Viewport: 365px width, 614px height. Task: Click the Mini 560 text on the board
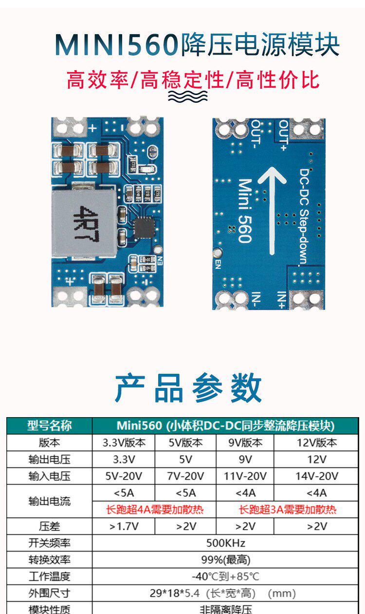(244, 211)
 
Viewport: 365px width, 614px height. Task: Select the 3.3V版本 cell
(124, 442)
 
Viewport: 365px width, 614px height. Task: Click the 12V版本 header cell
(316, 442)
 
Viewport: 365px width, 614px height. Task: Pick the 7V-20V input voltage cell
(185, 476)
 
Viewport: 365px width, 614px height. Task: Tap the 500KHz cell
(225, 543)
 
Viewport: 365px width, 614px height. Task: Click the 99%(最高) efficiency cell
(225, 560)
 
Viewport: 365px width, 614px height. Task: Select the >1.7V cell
(124, 526)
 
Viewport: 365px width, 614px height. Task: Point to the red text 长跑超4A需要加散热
(155, 510)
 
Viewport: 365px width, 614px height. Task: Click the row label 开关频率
(49, 543)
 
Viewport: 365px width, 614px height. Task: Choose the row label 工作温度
(49, 576)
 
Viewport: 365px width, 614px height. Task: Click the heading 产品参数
(188, 388)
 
